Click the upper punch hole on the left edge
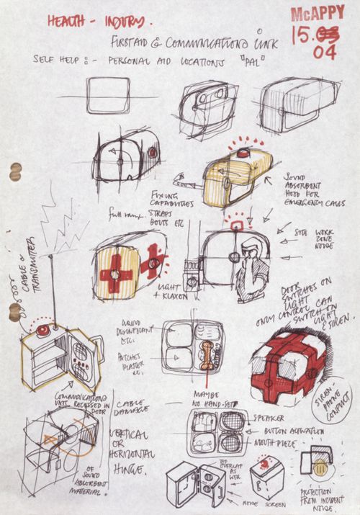[x=14, y=171]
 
